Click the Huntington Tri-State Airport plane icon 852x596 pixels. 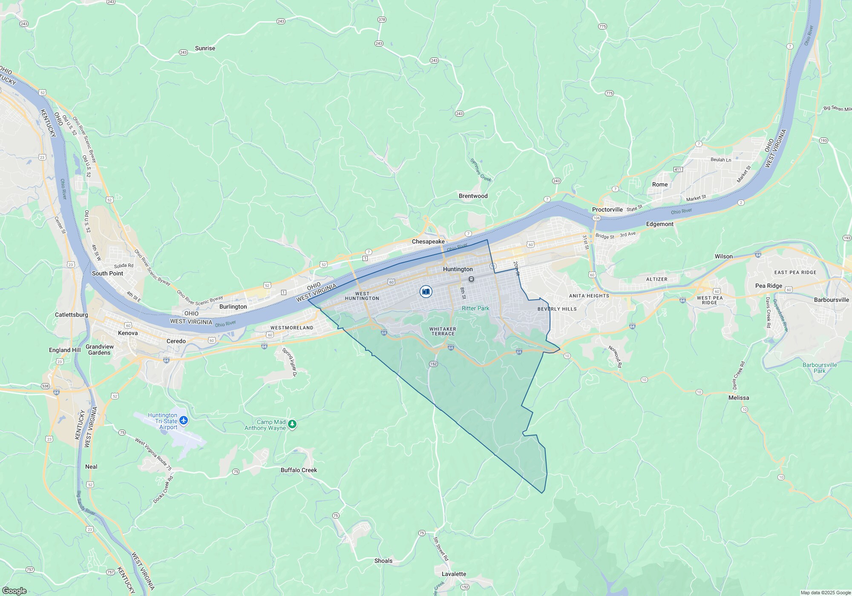point(184,421)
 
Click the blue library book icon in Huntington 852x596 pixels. point(426,291)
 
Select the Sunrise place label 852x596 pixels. point(205,48)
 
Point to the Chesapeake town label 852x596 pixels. point(428,241)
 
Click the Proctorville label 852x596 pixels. point(607,209)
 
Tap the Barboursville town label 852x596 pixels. point(831,300)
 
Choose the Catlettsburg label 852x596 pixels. point(71,315)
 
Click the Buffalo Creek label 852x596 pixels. point(299,470)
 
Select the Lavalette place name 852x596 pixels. point(454,574)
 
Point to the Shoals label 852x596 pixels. point(383,561)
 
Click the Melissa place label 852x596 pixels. point(738,398)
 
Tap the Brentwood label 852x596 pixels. point(473,196)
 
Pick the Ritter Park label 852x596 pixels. point(475,308)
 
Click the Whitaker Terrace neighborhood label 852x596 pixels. point(443,331)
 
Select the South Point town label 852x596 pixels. point(107,273)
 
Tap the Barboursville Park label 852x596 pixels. point(820,368)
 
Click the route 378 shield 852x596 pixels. point(382,20)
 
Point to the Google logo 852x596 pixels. point(14,591)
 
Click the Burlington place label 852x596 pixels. point(233,307)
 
